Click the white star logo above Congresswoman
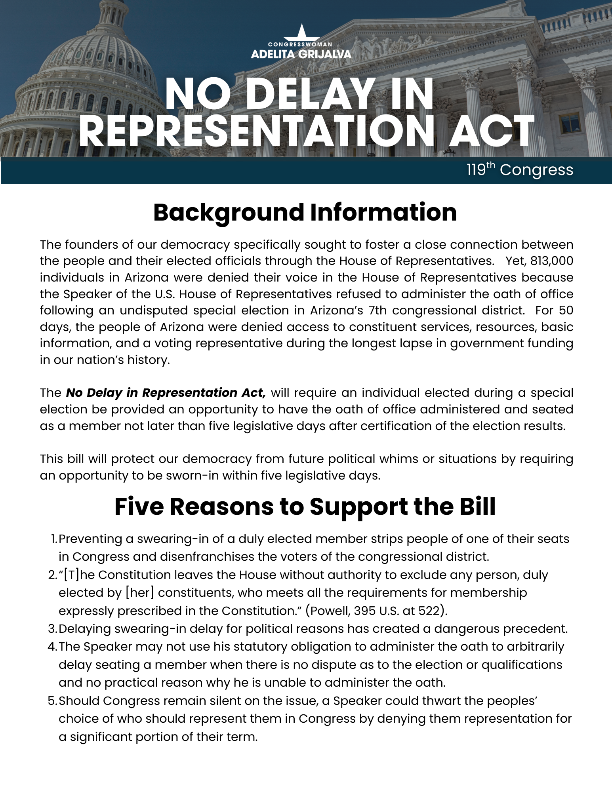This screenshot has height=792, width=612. pos(301,32)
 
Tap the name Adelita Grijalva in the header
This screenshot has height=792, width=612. pos(301,54)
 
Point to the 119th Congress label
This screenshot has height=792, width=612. pos(520,170)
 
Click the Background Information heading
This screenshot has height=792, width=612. pos(305,212)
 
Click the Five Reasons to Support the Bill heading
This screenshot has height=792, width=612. pos(305,506)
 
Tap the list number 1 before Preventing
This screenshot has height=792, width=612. pos(54,539)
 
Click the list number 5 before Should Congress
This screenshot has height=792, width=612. pos(51,701)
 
